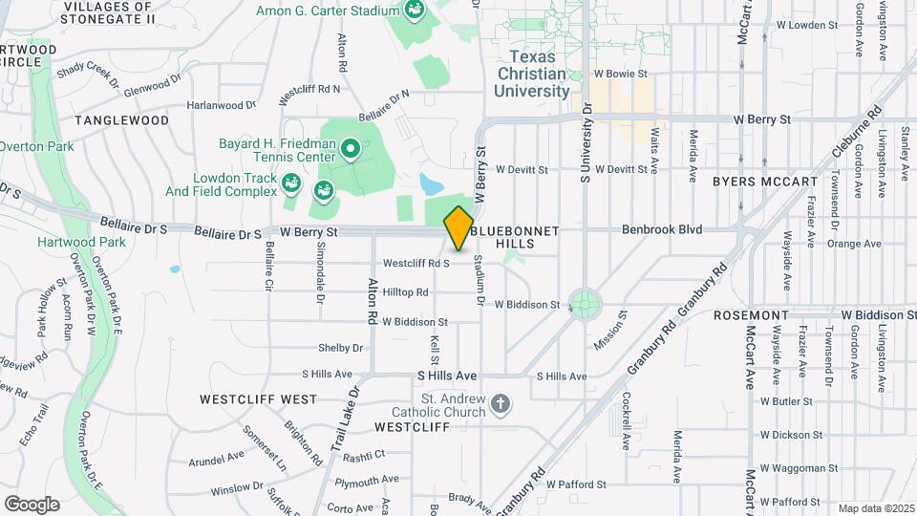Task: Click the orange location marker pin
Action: click(x=458, y=228)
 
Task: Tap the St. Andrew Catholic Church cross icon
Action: click(x=500, y=405)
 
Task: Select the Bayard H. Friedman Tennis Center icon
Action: click(x=350, y=148)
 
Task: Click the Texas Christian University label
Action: click(x=532, y=74)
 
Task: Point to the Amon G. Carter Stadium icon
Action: click(x=414, y=11)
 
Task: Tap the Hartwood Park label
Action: click(x=68, y=243)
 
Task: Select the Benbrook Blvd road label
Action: click(x=662, y=229)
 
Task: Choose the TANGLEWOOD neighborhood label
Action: click(x=122, y=120)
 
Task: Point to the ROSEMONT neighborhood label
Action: click(x=751, y=315)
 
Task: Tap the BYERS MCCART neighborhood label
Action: click(x=765, y=181)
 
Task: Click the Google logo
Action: click(x=32, y=504)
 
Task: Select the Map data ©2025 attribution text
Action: click(x=874, y=508)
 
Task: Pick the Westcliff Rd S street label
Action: click(x=416, y=263)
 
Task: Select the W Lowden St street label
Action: click(x=807, y=25)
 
